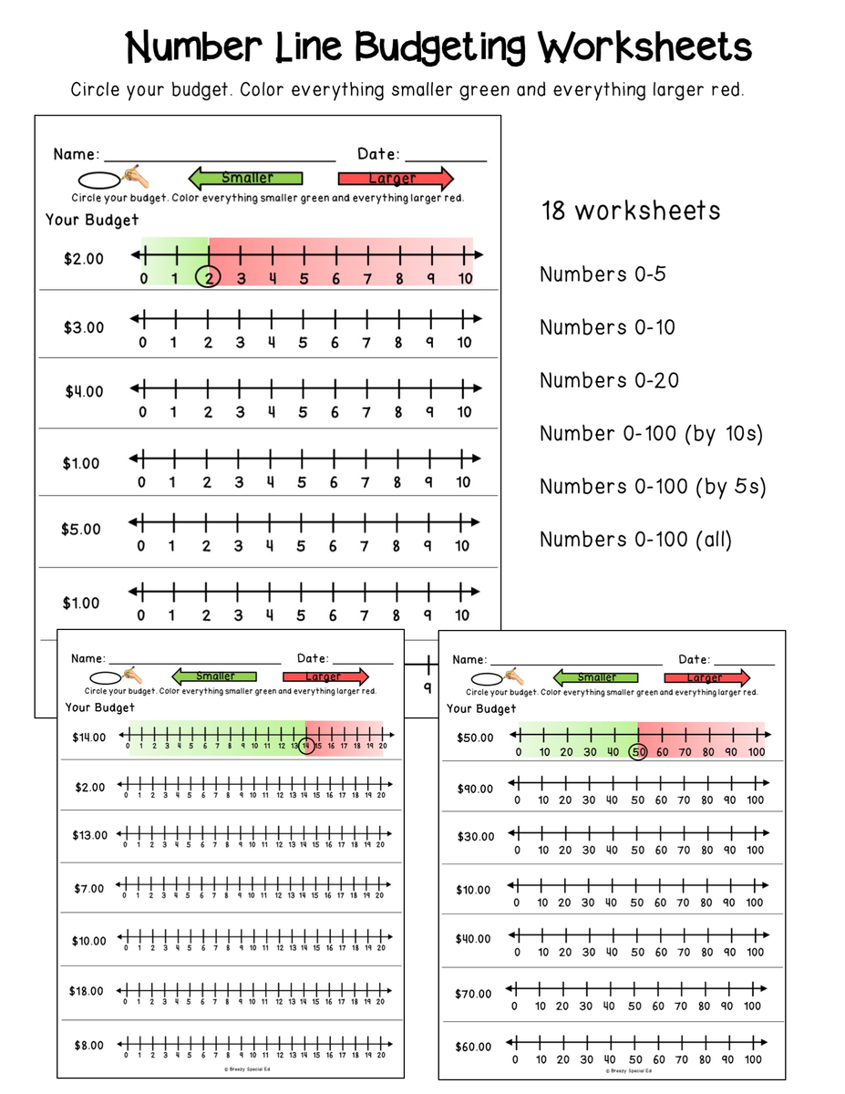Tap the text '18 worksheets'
[x=630, y=212]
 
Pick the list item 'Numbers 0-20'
[x=609, y=380]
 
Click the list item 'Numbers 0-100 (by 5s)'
[x=653, y=487]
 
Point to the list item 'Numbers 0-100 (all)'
[x=635, y=540]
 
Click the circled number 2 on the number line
[x=209, y=278]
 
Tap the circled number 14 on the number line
[x=307, y=746]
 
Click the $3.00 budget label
[x=84, y=327]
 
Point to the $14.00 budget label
[x=89, y=738]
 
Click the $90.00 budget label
[x=474, y=789]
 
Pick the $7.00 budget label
[x=89, y=888]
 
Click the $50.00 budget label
[x=475, y=738]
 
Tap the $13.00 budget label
[x=89, y=835]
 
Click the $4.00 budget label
[x=84, y=392]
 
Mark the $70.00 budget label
[x=473, y=994]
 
